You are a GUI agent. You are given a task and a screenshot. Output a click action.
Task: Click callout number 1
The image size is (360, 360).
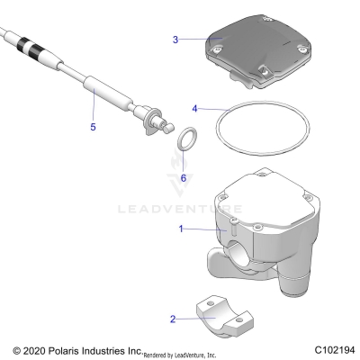[181, 229]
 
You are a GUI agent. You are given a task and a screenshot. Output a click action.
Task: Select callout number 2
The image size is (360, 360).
[174, 318]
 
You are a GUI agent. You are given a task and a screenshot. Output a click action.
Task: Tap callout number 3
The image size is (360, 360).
[176, 40]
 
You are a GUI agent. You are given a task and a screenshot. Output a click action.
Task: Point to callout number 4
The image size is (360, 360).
[194, 109]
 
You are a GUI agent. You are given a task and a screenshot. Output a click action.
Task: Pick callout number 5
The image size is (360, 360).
[92, 128]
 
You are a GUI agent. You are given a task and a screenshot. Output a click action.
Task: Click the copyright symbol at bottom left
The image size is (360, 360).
[15, 349]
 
